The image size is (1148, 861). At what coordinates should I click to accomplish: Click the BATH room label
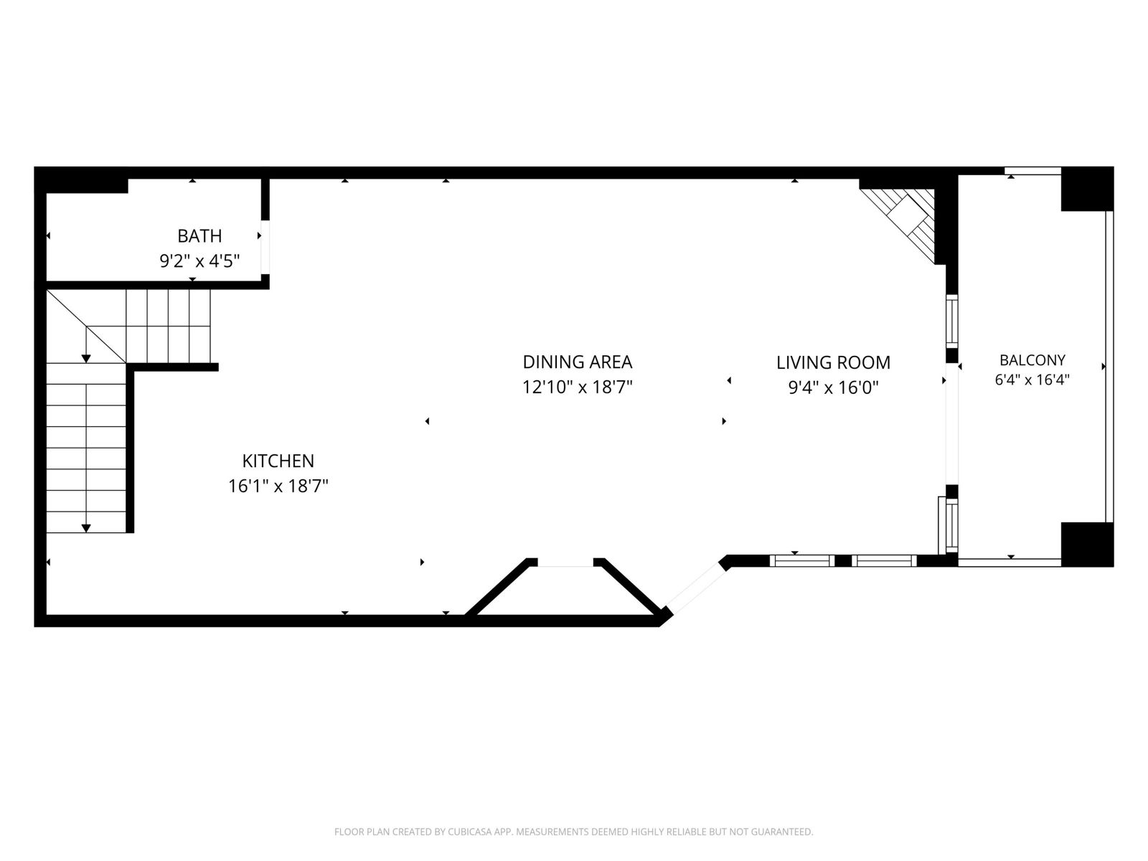199,236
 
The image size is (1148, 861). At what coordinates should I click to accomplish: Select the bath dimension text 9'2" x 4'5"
199,260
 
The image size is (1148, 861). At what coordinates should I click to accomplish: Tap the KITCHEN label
278,461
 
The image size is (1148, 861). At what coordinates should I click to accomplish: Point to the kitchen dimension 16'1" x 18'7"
278,486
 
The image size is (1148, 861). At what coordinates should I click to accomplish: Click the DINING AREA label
578,362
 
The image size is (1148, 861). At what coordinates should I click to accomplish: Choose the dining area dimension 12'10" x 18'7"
578,387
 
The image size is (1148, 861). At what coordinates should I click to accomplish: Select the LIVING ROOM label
833,362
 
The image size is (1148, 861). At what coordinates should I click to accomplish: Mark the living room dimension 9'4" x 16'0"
833,387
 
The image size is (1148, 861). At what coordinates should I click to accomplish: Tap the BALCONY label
1032,359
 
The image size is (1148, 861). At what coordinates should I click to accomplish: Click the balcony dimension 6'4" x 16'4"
1032,380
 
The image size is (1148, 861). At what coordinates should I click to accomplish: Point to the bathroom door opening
265,247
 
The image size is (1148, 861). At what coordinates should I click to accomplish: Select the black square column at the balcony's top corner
1087,189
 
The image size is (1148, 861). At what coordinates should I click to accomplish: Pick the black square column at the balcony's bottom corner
1087,544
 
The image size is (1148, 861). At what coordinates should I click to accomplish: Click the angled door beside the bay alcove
695,587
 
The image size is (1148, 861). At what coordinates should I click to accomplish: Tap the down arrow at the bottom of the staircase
86,528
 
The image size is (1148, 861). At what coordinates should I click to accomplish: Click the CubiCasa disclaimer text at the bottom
574,831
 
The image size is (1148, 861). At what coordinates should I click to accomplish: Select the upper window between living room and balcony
952,321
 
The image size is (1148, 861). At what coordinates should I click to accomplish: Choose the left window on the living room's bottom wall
802,560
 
